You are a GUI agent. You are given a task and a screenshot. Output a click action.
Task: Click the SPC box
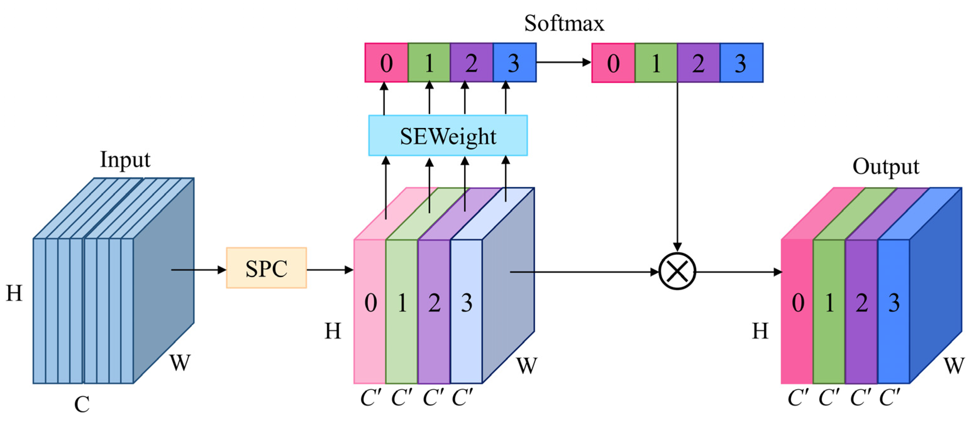[x=266, y=268]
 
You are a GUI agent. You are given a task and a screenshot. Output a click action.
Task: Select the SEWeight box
[x=448, y=136]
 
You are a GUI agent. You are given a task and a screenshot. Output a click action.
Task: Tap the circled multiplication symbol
[x=677, y=271]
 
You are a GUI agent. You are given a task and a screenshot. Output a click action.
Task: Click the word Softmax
[x=564, y=24]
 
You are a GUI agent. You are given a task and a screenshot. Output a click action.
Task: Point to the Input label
[x=125, y=159]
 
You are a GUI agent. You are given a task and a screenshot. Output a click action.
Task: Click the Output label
[x=886, y=167]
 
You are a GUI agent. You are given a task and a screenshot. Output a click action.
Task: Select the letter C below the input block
[x=82, y=404]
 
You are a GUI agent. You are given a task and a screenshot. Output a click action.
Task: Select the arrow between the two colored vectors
[x=563, y=62]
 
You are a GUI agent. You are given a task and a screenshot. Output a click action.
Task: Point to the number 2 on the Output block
[x=862, y=303]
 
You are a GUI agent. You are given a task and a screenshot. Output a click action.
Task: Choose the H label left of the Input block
[x=14, y=293]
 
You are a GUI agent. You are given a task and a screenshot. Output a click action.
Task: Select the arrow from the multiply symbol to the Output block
[x=738, y=272]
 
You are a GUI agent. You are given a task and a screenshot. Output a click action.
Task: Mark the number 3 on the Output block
[x=894, y=303]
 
